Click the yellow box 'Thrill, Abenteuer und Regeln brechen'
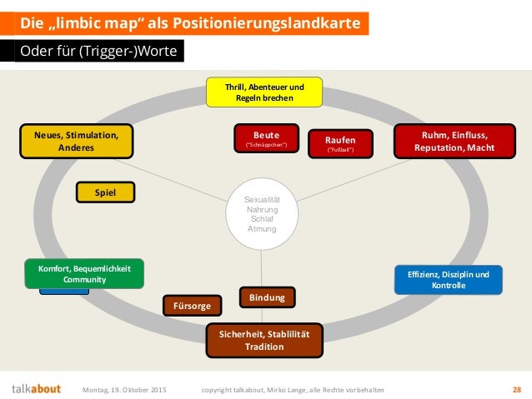[x=264, y=92]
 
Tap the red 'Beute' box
[x=266, y=139]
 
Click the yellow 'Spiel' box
[x=104, y=192]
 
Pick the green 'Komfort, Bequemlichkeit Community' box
[x=84, y=274]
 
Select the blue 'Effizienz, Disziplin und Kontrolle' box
[x=449, y=279]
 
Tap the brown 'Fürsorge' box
[x=193, y=306]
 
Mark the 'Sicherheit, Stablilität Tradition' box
[x=264, y=340]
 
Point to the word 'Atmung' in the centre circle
[x=262, y=227]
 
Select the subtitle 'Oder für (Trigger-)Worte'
[x=98, y=52]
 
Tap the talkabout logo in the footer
[x=36, y=389]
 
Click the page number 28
[x=516, y=389]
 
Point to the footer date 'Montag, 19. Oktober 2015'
[x=125, y=389]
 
